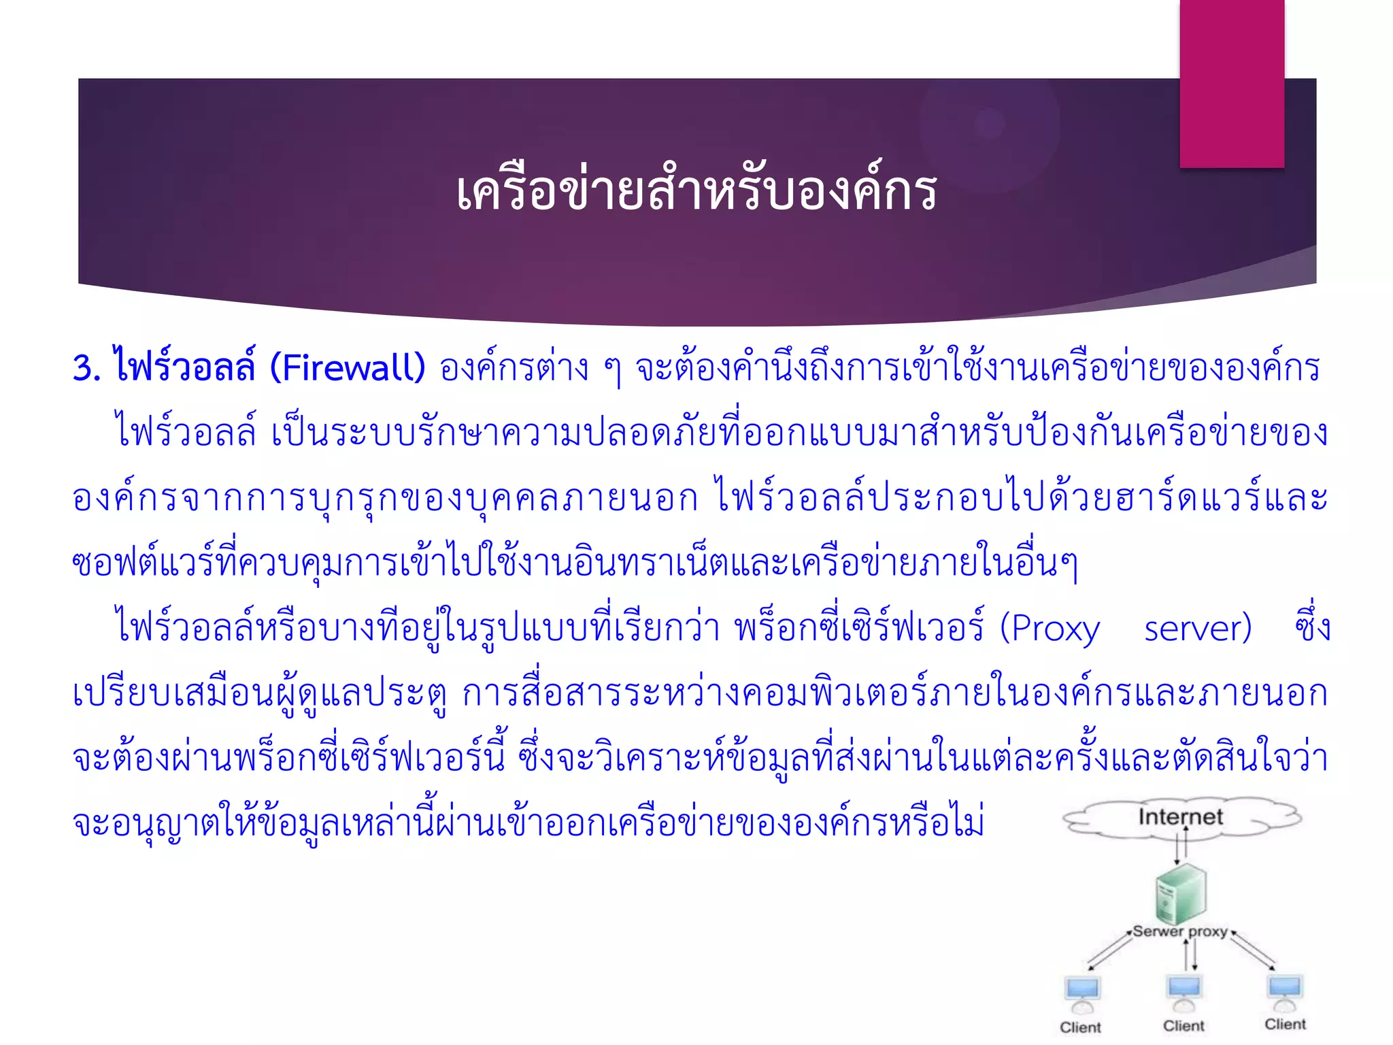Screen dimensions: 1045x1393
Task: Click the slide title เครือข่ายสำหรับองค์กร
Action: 696,192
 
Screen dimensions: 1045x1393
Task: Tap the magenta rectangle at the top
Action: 1232,83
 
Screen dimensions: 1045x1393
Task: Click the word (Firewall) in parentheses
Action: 348,368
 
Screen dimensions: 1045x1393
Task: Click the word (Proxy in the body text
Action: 1050,629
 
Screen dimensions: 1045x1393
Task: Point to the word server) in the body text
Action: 1198,629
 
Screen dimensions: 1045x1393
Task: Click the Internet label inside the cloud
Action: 1180,816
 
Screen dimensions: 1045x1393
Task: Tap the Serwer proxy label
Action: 1180,931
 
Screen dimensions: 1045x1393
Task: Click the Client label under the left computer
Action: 1080,1027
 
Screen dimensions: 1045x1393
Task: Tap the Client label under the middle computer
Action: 1184,1026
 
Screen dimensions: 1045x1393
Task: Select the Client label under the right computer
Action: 1285,1025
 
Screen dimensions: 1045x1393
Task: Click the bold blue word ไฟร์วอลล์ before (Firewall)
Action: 184,368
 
